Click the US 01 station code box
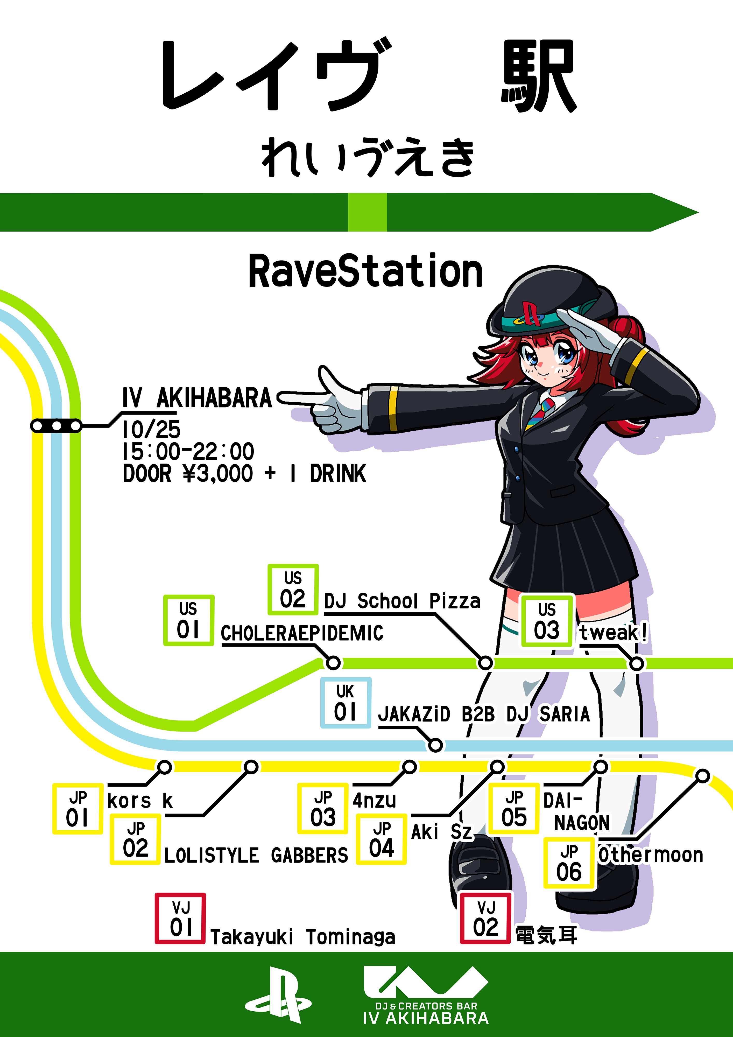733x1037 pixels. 188,620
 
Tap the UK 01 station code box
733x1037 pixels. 346,702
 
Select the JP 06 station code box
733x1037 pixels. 569,863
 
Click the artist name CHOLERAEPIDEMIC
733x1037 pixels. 302,633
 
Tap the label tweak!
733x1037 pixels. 613,632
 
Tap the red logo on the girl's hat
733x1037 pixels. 532,313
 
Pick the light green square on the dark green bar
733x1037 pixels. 367,212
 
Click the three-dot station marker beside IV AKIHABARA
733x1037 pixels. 56,425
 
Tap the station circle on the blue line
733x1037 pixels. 435,745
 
